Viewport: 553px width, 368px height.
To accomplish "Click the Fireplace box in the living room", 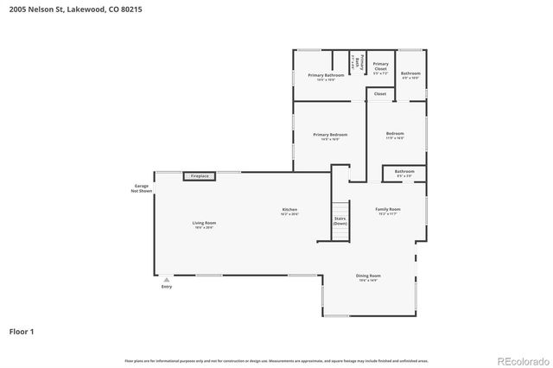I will click(x=200, y=176).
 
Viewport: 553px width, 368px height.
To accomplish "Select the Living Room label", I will click(x=204, y=225).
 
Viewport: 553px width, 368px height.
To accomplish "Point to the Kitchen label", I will click(x=289, y=212).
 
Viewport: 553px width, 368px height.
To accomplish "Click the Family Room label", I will click(x=387, y=211).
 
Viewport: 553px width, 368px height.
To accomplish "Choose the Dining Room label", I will click(x=368, y=277).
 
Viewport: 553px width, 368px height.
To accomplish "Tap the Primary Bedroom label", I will click(x=330, y=136).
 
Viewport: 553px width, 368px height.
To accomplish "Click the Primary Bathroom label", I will click(x=326, y=76).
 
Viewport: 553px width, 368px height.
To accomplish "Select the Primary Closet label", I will click(x=380, y=66).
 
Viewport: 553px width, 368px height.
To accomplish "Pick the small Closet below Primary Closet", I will click(x=380, y=93).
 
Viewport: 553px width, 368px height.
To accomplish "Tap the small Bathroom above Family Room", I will click(x=404, y=173).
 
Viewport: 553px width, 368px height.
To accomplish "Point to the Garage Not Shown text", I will click(x=142, y=188).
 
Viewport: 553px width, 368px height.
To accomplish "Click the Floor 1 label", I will click(x=22, y=331).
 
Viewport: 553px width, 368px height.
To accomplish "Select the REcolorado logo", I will click(x=520, y=359).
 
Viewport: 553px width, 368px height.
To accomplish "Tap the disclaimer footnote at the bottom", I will click(x=276, y=359).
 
